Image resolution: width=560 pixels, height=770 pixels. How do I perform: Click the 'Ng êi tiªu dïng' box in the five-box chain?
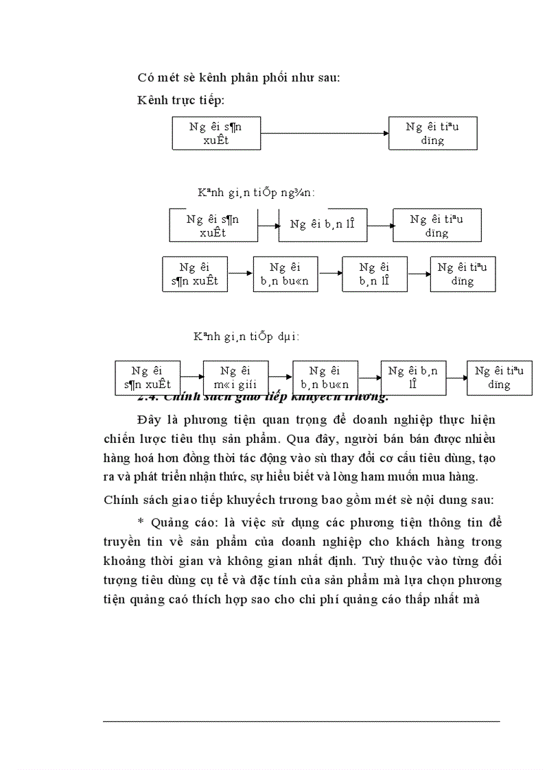(499, 378)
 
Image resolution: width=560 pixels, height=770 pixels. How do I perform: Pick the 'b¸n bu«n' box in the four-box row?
(285, 274)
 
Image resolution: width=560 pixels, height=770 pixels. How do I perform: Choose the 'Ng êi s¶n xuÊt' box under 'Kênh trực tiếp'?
(216, 134)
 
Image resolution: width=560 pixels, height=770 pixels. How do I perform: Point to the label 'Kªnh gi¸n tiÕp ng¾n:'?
(256, 192)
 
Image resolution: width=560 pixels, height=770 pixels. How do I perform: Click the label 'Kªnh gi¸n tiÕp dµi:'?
(246, 337)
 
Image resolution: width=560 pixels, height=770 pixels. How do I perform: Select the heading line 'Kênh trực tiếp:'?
(180, 101)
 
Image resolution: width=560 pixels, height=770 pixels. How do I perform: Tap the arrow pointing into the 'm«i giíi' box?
(192, 376)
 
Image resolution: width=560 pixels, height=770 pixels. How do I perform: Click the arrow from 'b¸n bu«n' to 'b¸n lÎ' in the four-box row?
(330, 274)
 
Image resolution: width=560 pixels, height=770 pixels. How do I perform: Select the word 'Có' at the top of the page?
(145, 77)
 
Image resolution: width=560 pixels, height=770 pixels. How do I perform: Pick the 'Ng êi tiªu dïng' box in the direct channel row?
(432, 134)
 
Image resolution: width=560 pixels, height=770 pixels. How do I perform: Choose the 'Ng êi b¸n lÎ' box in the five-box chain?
(413, 378)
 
